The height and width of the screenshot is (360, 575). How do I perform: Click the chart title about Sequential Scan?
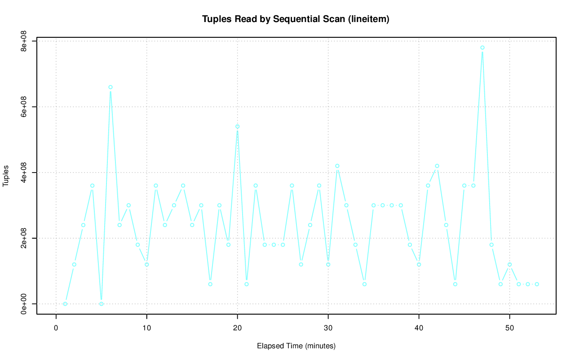[x=296, y=19]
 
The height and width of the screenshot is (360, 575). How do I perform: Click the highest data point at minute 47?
[x=482, y=48]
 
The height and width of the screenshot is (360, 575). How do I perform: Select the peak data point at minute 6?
[x=111, y=87]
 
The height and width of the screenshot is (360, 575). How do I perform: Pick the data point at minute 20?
[x=237, y=126]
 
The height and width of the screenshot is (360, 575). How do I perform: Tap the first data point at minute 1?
[x=65, y=304]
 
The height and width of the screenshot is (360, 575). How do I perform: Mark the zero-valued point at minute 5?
[x=102, y=304]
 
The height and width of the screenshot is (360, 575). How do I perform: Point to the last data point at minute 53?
[x=537, y=284]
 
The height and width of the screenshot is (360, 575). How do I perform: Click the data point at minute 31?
[x=337, y=166]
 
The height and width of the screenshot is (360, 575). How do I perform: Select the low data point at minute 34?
[x=364, y=284]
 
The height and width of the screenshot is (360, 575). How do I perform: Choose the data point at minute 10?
[x=147, y=264]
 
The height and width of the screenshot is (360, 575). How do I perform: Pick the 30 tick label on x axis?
[x=328, y=328]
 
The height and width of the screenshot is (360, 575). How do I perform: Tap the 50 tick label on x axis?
[x=509, y=328]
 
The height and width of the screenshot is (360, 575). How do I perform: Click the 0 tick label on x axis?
[x=56, y=328]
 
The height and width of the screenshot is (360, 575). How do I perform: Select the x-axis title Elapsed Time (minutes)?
[x=296, y=346]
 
